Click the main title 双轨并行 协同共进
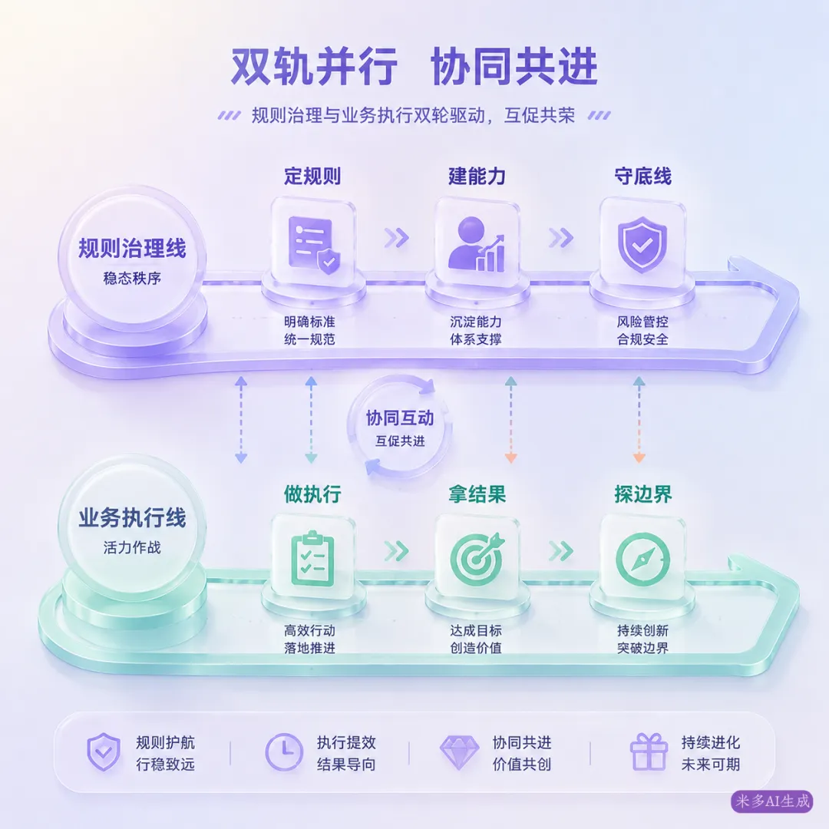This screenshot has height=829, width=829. (x=414, y=67)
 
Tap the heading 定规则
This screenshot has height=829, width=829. (x=312, y=176)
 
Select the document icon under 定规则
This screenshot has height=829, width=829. (x=313, y=246)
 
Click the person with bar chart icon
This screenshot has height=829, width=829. (x=477, y=244)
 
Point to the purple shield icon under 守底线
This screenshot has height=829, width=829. (x=642, y=244)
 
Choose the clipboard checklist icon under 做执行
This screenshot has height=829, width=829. (x=313, y=558)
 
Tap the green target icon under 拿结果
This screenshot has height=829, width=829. (x=477, y=558)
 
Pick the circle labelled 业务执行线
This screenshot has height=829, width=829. (x=132, y=527)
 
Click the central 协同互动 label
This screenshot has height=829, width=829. (x=400, y=418)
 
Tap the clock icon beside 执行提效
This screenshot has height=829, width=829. (x=284, y=751)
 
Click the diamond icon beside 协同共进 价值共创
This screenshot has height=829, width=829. (x=460, y=751)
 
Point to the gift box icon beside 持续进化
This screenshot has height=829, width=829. (x=649, y=751)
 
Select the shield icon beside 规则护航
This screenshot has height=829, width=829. (x=104, y=751)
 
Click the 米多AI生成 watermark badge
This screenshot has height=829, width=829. (x=772, y=801)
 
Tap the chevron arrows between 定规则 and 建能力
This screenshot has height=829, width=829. (x=397, y=238)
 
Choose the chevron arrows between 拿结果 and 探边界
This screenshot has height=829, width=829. (x=561, y=551)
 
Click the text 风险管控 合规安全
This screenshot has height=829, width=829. (x=642, y=330)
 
